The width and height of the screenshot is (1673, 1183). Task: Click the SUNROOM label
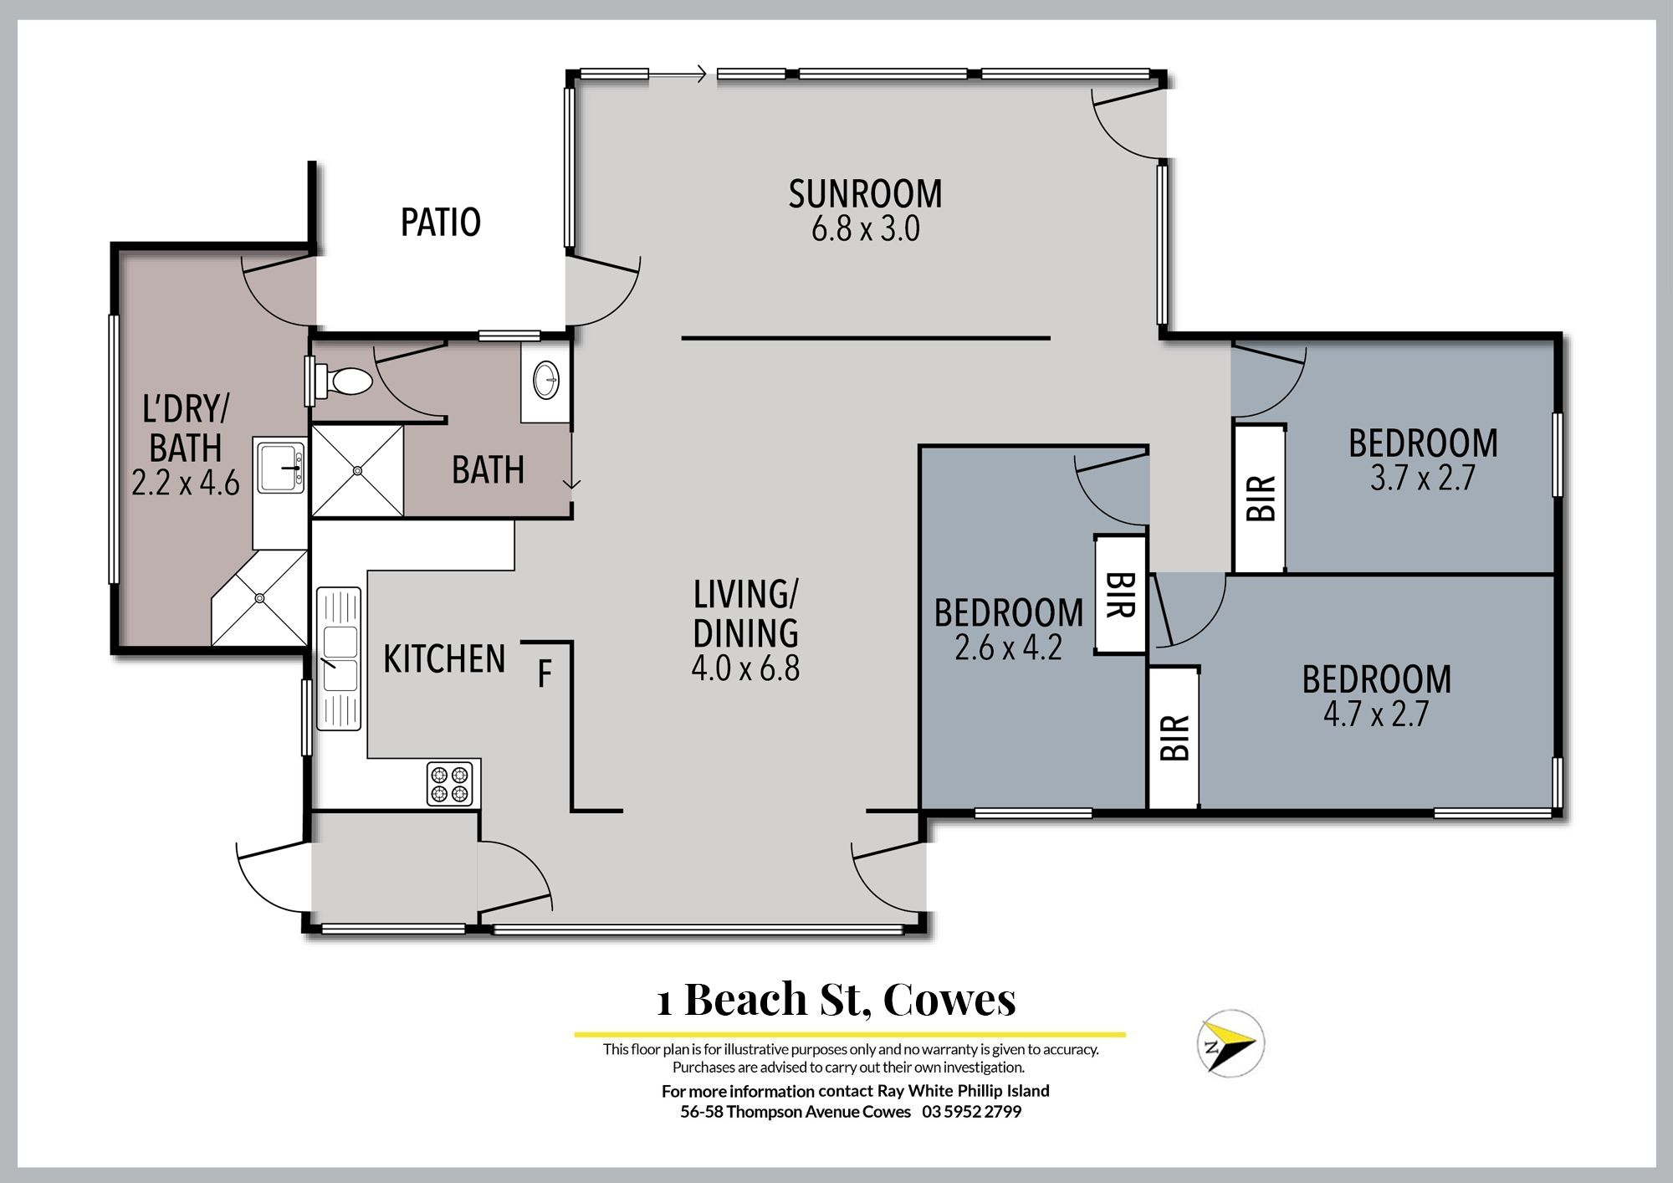(865, 194)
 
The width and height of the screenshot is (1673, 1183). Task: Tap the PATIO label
(441, 223)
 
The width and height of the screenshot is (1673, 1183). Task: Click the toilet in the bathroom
(344, 382)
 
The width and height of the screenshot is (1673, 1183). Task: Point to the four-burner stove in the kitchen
(450, 784)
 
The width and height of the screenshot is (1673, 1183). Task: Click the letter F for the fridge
(545, 674)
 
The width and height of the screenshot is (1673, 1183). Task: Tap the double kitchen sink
(339, 658)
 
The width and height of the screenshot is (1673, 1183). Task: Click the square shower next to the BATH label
(358, 470)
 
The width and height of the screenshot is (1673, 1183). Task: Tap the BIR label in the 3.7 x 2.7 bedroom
(1261, 499)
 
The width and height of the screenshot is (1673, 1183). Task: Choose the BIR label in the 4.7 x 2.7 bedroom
(1174, 738)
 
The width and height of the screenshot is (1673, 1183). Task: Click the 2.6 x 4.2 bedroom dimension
(1008, 648)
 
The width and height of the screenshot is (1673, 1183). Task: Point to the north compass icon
(1229, 1043)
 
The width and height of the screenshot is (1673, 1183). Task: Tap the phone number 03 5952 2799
(972, 1112)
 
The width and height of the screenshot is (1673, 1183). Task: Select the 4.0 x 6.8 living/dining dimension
(745, 669)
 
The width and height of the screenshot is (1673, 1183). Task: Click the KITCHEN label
(444, 659)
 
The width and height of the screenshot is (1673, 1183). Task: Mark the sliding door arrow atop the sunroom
(678, 76)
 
